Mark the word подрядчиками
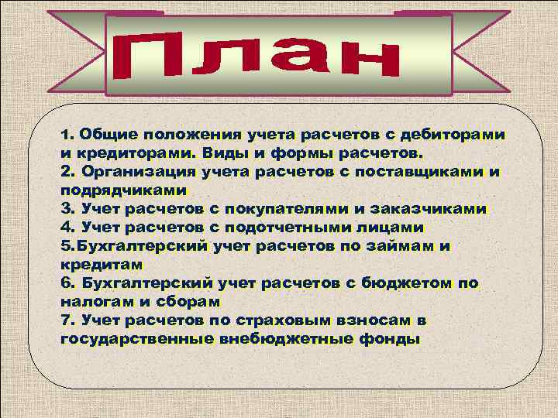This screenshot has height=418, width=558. pos(123,190)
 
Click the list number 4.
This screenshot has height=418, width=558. pos(64,227)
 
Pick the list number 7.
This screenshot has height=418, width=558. pos(64,320)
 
